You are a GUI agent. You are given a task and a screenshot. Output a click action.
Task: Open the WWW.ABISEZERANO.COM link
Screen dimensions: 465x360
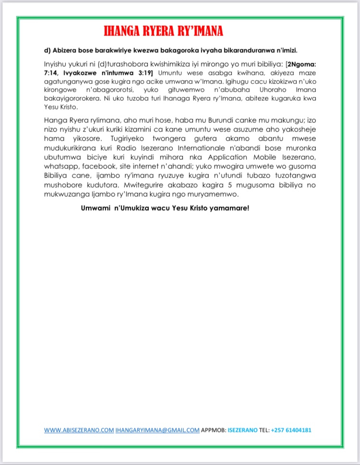[78, 430]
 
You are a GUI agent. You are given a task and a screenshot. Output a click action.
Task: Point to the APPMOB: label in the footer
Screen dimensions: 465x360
[213, 430]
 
